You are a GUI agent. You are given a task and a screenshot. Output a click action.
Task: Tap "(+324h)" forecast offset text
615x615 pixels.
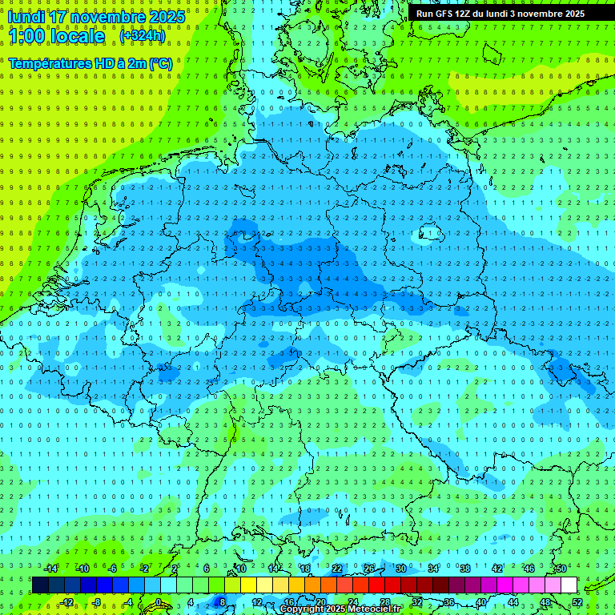[x=142, y=36]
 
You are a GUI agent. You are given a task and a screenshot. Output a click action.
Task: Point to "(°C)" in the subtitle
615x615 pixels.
[x=159, y=62]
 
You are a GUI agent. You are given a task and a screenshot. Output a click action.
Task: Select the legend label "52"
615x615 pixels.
[x=577, y=602]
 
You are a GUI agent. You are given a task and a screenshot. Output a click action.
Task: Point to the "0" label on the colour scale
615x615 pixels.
[x=159, y=602]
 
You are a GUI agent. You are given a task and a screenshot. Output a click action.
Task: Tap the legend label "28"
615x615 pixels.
[x=384, y=602]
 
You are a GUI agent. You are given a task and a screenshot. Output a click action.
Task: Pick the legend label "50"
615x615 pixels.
[x=561, y=569]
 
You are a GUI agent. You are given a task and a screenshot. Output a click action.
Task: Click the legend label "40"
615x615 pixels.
[x=480, y=602]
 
